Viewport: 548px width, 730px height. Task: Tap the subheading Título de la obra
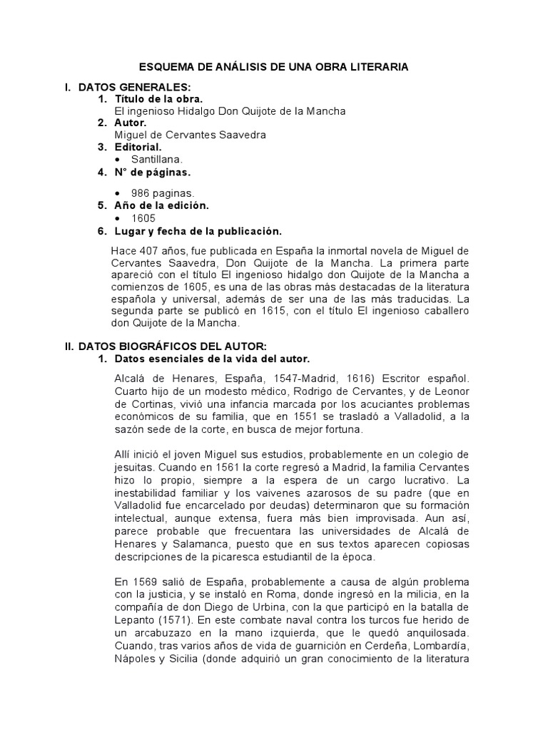158,99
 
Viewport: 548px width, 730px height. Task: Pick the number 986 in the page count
140,193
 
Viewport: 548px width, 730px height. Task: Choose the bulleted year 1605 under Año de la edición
143,218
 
